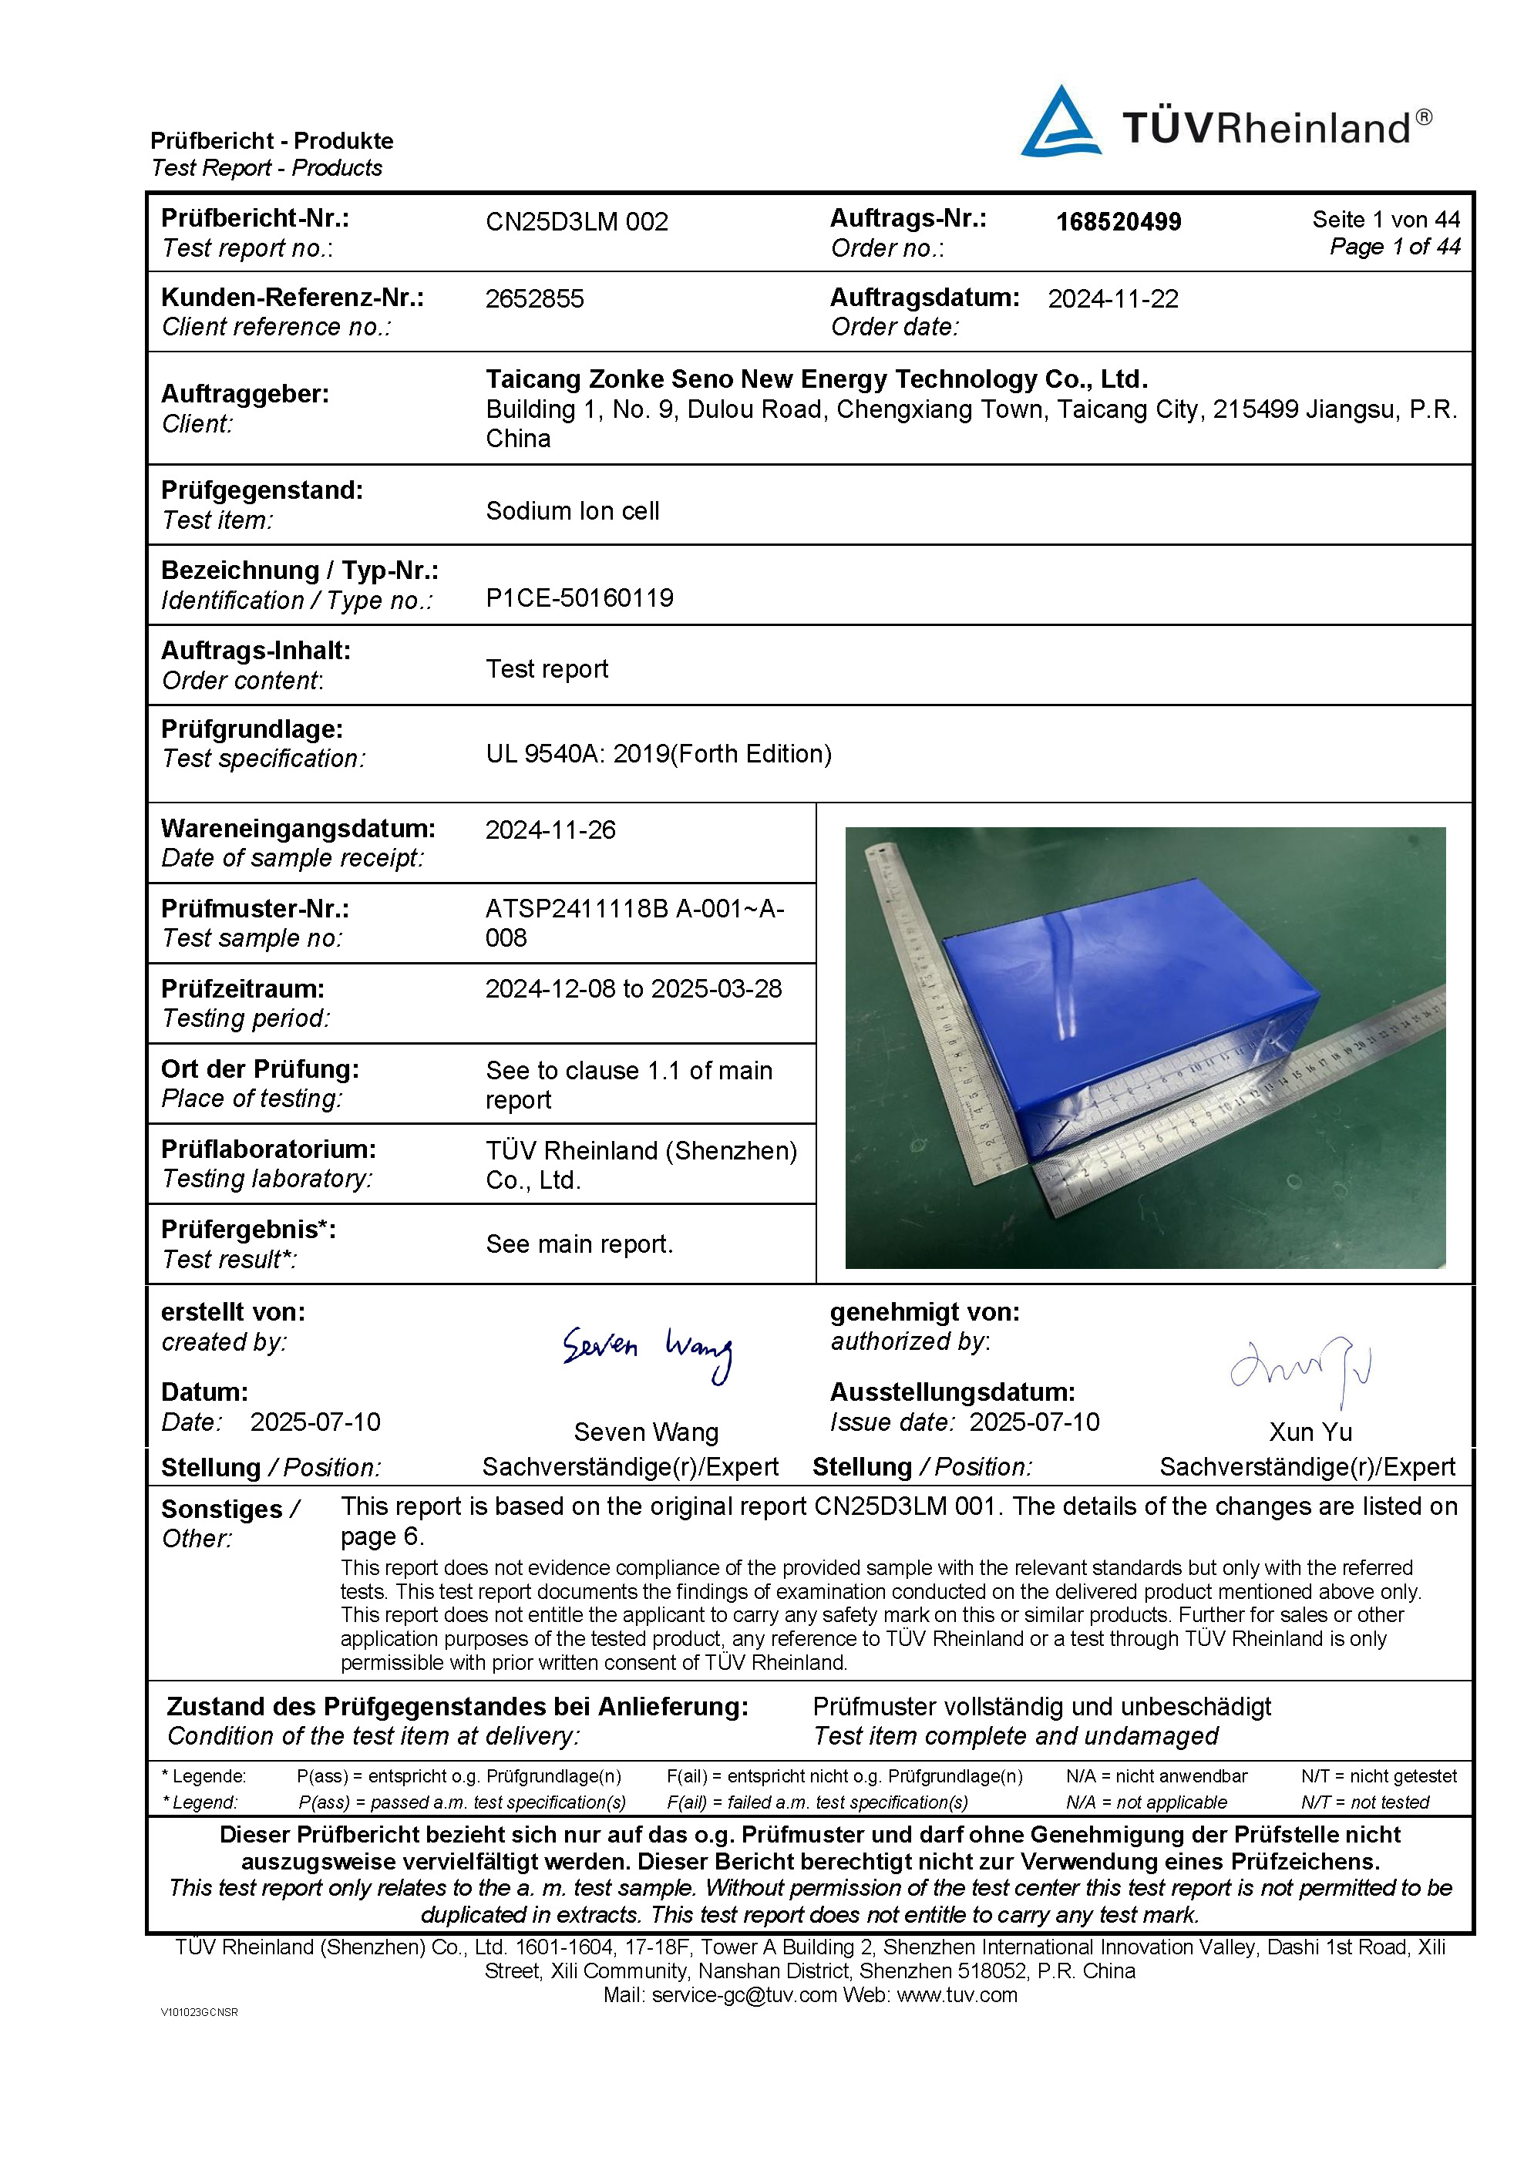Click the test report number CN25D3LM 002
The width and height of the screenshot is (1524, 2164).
point(577,223)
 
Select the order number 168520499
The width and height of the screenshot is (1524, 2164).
point(1118,223)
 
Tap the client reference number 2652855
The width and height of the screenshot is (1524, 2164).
point(534,299)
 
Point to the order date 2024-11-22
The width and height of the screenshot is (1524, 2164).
point(1113,299)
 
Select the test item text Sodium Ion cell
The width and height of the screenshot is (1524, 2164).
point(572,511)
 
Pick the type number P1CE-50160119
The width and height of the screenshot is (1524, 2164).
point(580,597)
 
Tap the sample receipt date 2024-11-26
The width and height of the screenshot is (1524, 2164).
point(550,830)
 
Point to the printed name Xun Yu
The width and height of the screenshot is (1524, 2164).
point(1310,1432)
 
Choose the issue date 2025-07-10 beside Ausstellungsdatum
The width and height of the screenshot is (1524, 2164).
point(1034,1422)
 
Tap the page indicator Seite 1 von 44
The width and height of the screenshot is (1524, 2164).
point(1385,220)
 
